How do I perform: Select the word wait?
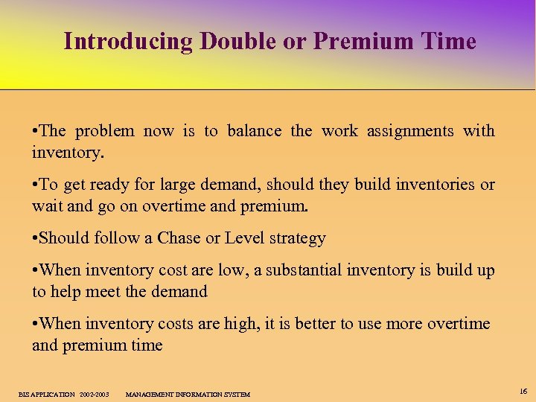tap(47, 205)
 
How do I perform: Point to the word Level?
tap(244, 238)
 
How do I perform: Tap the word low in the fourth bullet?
tap(230, 270)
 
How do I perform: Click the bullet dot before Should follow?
tap(35, 238)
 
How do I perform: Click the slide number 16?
tap(523, 391)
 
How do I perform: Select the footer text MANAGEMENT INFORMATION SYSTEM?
tap(188, 394)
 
